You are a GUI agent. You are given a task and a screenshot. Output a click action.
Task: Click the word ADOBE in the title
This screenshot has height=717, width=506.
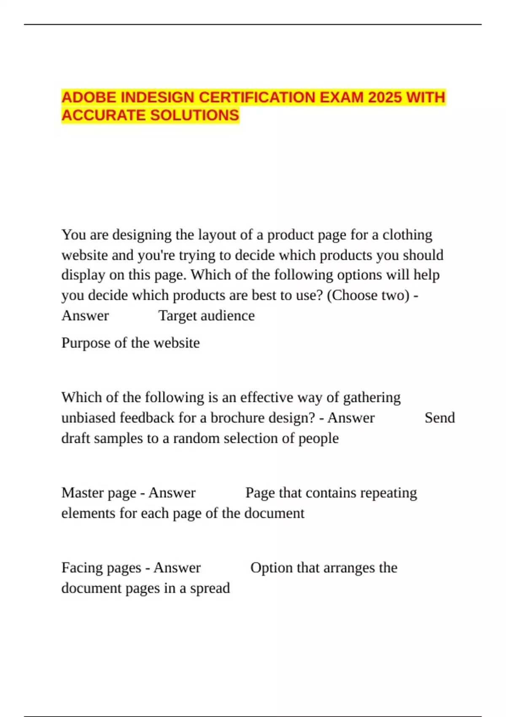point(89,97)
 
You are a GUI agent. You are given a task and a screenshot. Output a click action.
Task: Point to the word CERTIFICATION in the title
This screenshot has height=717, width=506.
point(257,97)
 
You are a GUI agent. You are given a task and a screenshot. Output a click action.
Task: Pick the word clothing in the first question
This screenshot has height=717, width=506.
point(407,235)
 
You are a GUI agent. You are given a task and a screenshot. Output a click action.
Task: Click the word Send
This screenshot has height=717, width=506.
point(439,418)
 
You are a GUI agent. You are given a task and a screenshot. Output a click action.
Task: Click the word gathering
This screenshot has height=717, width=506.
point(371,397)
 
